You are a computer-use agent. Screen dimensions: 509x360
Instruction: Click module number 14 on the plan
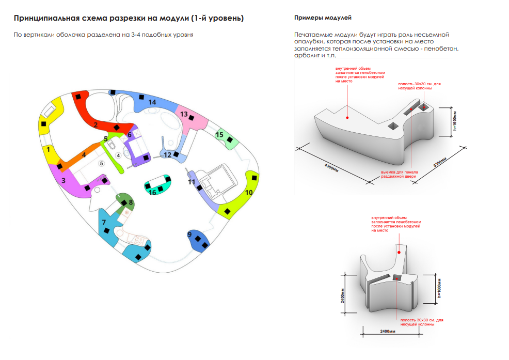click(x=152, y=102)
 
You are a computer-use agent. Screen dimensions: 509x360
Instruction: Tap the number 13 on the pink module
click(x=184, y=114)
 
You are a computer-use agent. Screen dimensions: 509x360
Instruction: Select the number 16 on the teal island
click(x=152, y=192)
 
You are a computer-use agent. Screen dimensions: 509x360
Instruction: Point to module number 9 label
click(x=189, y=234)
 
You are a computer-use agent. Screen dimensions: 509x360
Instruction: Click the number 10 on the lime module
click(x=249, y=192)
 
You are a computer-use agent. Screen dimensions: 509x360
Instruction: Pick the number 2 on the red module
click(x=96, y=124)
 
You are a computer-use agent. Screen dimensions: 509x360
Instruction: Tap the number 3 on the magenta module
click(x=63, y=180)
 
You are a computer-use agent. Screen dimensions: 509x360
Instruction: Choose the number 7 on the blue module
click(x=104, y=222)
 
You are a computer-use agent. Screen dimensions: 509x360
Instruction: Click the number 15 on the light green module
click(x=219, y=134)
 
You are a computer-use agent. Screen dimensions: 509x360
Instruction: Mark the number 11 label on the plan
click(x=192, y=182)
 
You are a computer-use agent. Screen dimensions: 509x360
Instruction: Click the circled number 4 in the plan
click(x=119, y=155)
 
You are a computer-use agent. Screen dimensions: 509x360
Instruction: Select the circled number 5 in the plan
click(x=102, y=163)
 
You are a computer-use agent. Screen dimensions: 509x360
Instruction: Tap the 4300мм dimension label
click(x=331, y=168)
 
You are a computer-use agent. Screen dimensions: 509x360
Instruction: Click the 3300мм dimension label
click(x=440, y=162)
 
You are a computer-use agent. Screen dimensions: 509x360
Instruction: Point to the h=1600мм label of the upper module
click(x=455, y=121)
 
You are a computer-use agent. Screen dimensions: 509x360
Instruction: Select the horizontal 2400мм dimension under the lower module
click(x=388, y=332)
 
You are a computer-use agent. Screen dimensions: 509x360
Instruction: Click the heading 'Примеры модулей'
click(x=323, y=18)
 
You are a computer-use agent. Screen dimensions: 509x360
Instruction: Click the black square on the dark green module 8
click(x=124, y=203)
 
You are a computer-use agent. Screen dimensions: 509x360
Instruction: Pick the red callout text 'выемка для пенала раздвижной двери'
click(x=400, y=174)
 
